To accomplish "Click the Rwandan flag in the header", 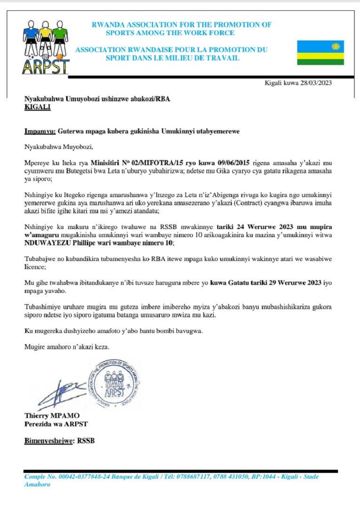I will [320, 53].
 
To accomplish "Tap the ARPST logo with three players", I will [46, 46].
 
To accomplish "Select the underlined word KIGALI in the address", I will [37, 107].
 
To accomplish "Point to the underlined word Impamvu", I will [39, 132].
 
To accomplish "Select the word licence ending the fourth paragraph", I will [34, 266].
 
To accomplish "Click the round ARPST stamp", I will [114, 384].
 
